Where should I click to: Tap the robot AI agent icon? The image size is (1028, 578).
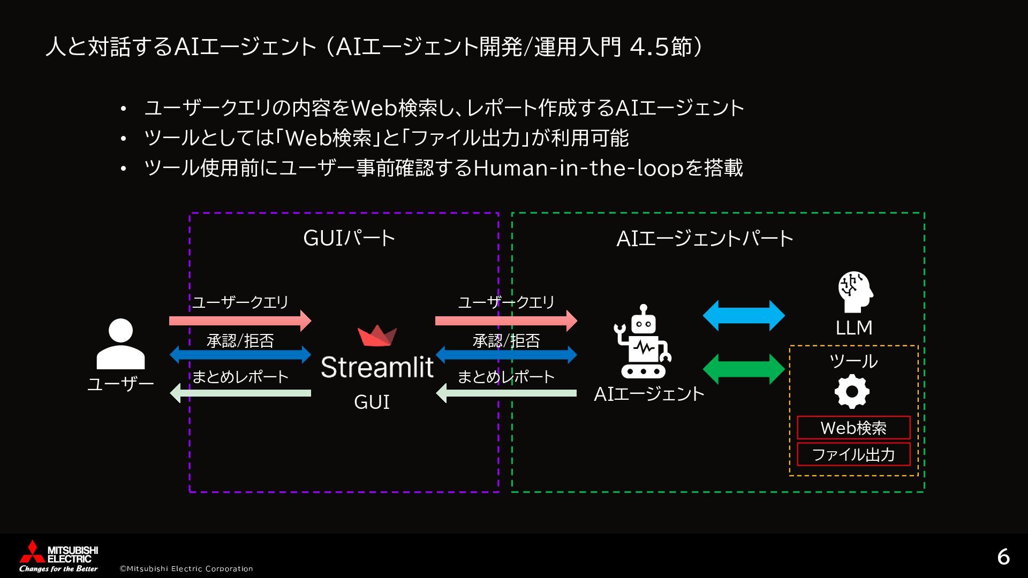pos(642,343)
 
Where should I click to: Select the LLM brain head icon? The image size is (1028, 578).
pos(855,292)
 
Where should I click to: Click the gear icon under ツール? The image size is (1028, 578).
pos(852,391)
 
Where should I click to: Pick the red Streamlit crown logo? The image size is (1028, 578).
pos(377,336)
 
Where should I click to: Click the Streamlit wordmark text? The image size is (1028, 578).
pos(377,367)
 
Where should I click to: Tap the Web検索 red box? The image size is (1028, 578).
pos(853,428)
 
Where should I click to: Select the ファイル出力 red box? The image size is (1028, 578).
pos(853,454)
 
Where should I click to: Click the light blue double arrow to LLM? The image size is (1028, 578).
pos(744,315)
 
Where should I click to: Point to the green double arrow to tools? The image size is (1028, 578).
pos(744,369)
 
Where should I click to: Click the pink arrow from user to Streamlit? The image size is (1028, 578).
pos(240,321)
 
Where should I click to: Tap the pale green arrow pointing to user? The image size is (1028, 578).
pos(240,393)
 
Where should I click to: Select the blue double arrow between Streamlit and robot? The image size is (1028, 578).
pos(506,354)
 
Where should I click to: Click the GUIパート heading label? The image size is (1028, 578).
pos(349,239)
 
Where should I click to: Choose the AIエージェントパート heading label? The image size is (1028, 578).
pos(705,239)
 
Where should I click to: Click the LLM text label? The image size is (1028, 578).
pos(854,328)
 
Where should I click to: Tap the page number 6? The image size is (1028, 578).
pos(1003,557)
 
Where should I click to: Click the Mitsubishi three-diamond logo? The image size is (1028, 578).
pos(29,553)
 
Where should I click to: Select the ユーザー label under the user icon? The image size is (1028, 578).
pos(120,384)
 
